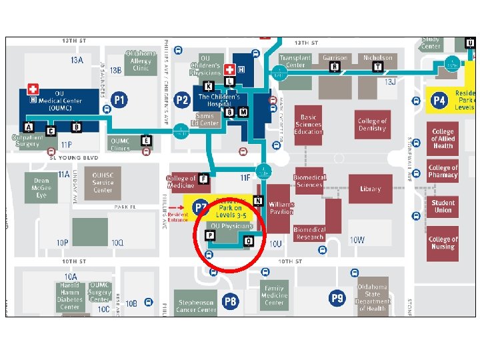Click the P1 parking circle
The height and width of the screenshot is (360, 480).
[119, 101]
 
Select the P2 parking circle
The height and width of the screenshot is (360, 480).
[181, 101]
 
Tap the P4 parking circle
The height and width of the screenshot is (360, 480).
[438, 101]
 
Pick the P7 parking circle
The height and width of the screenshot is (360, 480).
[201, 207]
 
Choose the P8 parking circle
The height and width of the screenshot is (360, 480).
[230, 301]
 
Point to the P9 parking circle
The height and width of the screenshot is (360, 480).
[337, 298]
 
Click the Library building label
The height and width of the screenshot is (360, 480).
[370, 189]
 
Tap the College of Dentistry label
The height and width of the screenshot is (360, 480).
[372, 125]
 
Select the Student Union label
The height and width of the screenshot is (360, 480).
[443, 207]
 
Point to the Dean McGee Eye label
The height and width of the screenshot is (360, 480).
[41, 188]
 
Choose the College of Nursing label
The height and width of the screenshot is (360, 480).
[443, 243]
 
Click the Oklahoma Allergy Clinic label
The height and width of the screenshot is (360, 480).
[141, 61]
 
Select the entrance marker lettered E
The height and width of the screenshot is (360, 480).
[147, 140]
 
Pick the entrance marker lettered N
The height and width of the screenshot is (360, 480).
[258, 201]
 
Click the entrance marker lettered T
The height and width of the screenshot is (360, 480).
[378, 67]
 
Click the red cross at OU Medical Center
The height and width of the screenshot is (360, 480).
[33, 89]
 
